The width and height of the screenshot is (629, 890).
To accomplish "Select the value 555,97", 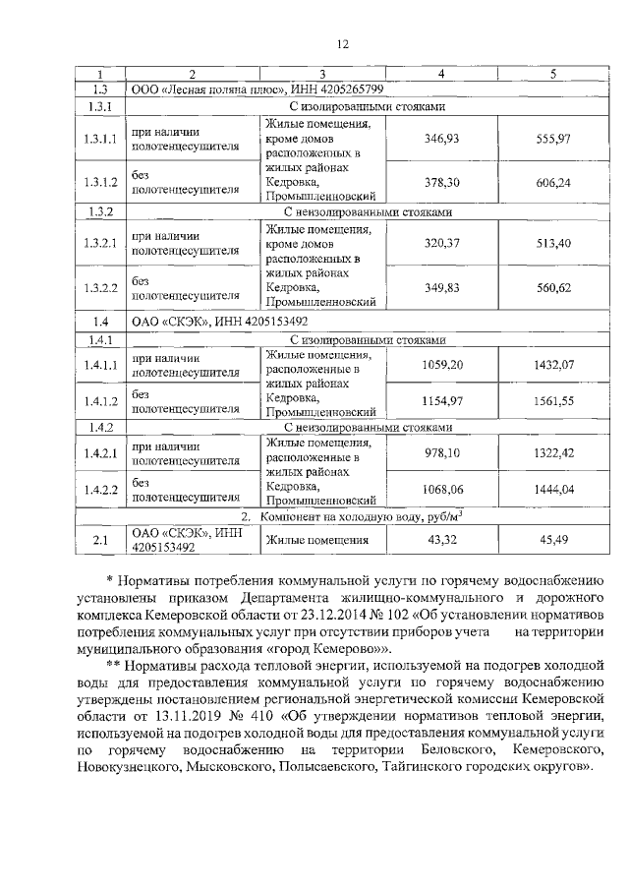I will point(552,140).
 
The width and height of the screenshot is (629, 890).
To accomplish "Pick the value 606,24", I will point(552,182).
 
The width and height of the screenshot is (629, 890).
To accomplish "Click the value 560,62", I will point(552,287).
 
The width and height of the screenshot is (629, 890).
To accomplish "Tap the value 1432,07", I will point(552,364).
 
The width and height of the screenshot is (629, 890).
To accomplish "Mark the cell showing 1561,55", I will point(552,400).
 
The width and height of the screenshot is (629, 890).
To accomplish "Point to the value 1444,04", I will point(552,489).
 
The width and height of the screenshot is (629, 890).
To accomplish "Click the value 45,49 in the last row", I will point(552,540).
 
